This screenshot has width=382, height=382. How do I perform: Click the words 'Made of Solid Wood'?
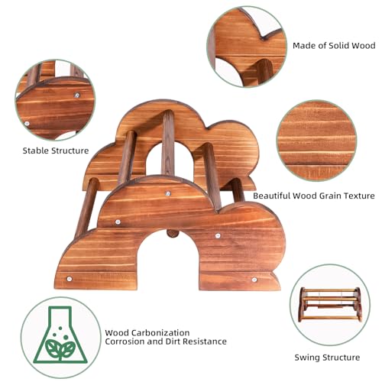pyautogui.click(x=334, y=46)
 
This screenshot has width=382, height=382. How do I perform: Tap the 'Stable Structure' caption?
pyautogui.click(x=56, y=151)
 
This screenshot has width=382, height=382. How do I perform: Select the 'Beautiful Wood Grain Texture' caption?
pyautogui.click(x=314, y=196)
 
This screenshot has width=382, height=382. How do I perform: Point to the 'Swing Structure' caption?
pyautogui.click(x=327, y=358)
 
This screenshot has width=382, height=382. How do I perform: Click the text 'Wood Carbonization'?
pyautogui.click(x=147, y=332)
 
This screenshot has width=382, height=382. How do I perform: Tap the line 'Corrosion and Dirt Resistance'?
pyautogui.click(x=166, y=342)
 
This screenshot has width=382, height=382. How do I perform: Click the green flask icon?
pyautogui.click(x=60, y=335)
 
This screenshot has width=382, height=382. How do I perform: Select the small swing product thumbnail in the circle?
pyautogui.click(x=330, y=305)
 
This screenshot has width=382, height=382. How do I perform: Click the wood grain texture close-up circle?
pyautogui.click(x=316, y=141)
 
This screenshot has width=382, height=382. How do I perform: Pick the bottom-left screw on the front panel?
pyautogui.click(x=69, y=279)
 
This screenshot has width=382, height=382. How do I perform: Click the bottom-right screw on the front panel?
pyautogui.click(x=254, y=280)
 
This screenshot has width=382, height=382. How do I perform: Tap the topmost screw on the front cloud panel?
pyautogui.click(x=168, y=194)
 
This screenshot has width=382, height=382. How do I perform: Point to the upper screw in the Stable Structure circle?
pyautogui.click(x=76, y=95)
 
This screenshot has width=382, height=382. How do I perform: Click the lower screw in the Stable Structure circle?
pyautogui.click(x=27, y=124)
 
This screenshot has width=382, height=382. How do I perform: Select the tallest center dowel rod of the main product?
pyautogui.click(x=168, y=143)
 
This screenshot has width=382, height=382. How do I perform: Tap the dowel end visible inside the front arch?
pyautogui.click(x=172, y=233)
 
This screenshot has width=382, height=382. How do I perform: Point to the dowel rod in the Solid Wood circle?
pyautogui.click(x=264, y=73)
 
